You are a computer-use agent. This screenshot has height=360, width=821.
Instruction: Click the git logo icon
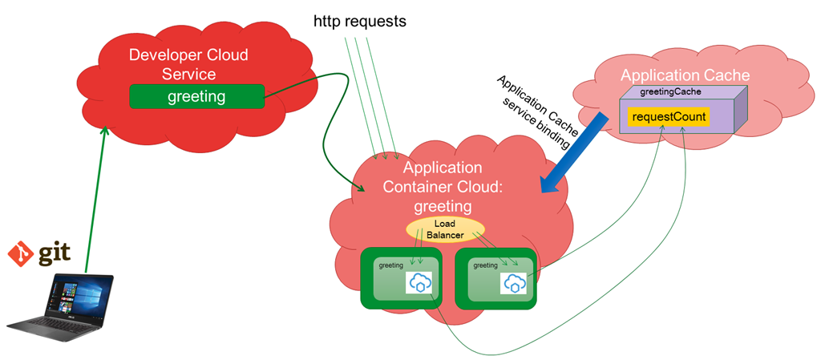click(x=18, y=255)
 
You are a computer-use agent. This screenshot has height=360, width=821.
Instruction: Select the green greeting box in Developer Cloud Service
click(x=196, y=97)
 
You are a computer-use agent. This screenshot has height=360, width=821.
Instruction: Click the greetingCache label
click(x=670, y=93)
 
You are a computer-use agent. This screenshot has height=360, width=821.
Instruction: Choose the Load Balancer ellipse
click(x=444, y=229)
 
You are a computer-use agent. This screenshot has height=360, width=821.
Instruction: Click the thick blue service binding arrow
click(x=572, y=153)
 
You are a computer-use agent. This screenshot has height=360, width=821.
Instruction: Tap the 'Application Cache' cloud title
click(x=685, y=75)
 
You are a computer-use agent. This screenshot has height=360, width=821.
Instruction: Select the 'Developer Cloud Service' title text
click(x=188, y=64)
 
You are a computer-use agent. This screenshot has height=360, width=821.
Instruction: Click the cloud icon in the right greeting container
click(x=514, y=282)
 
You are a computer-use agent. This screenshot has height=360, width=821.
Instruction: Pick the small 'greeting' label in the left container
click(x=390, y=265)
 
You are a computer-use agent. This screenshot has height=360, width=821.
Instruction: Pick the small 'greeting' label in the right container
click(x=485, y=265)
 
